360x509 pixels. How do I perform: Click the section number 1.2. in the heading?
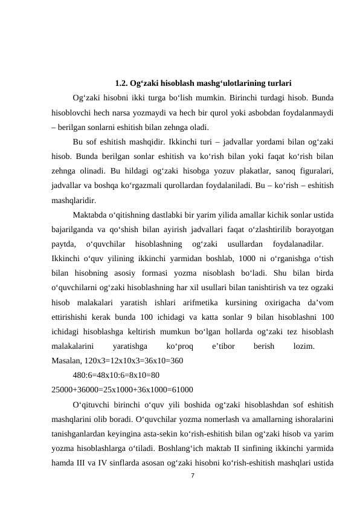tap(121, 83)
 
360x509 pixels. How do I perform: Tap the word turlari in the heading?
tap(279, 83)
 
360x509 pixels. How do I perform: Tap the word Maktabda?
tap(89, 216)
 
